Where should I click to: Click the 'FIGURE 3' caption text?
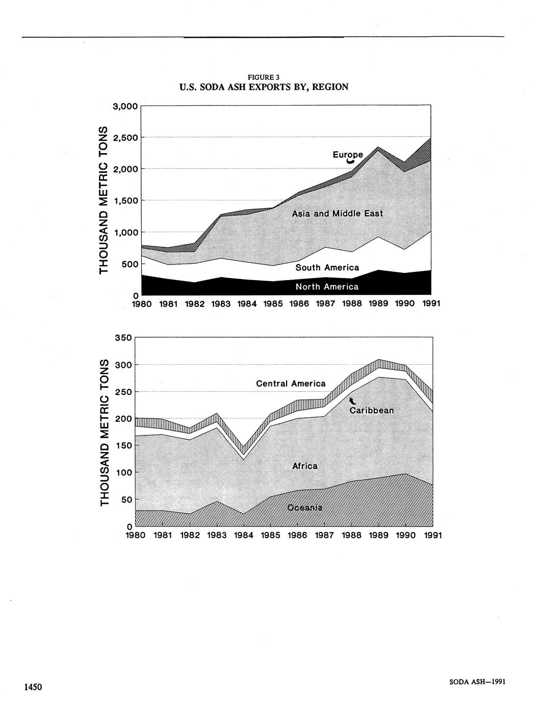pos(264,78)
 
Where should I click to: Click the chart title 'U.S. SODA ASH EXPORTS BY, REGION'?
pos(264,87)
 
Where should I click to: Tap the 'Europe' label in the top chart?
pos(348,154)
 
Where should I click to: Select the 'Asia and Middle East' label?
pos(337,213)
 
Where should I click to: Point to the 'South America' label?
pos(327,267)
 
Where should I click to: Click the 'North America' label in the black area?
pos(327,287)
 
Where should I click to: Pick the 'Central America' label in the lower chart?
pos(291,383)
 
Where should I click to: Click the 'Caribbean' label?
pos(372,410)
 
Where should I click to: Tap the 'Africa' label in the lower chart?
pos(305,466)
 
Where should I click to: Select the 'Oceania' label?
pos(305,508)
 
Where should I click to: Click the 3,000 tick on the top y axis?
pos(125,106)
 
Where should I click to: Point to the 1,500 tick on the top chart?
pos(125,200)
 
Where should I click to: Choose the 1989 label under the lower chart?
pos(378,535)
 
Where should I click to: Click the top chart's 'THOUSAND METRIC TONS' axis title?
pos(104,199)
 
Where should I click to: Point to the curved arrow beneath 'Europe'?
pos(350,161)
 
